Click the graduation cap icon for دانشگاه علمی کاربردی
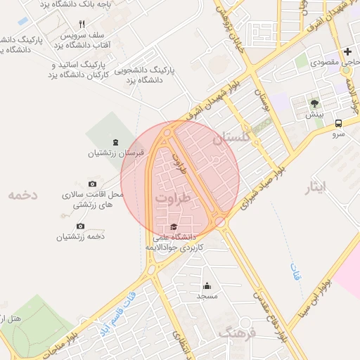coord(173,226)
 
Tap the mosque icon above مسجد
coord(207,285)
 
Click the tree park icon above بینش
coord(314,103)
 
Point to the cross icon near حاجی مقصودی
coord(347,51)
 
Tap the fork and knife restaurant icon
coord(82,25)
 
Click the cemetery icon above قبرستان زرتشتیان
coord(115,142)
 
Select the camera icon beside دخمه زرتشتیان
coord(80,226)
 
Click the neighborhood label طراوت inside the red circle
coord(173,200)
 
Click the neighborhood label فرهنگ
coord(234,333)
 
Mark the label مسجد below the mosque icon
coord(207,297)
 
